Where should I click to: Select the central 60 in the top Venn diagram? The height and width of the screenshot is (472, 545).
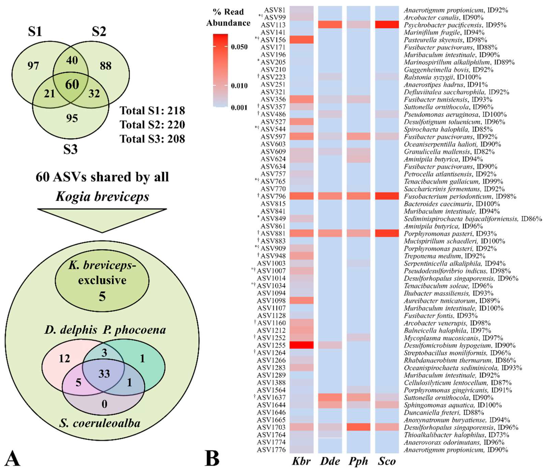tap(72, 84)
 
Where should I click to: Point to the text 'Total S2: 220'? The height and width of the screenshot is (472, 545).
tap(152, 125)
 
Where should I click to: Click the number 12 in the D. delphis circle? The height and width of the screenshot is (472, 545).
tap(64, 358)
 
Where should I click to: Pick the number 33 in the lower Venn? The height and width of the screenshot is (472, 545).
tap(104, 373)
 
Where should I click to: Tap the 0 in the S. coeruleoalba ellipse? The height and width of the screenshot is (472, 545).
tap(104, 404)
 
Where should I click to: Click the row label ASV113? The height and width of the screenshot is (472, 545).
tap(273, 25)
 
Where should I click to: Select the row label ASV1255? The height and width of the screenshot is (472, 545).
tap(271, 345)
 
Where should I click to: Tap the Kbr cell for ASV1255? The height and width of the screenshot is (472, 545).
tap(301, 345)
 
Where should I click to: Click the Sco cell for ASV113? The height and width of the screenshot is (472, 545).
tap(387, 25)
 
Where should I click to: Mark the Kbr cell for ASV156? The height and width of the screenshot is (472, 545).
tap(301, 40)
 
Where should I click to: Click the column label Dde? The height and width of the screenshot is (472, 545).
tap(330, 462)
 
